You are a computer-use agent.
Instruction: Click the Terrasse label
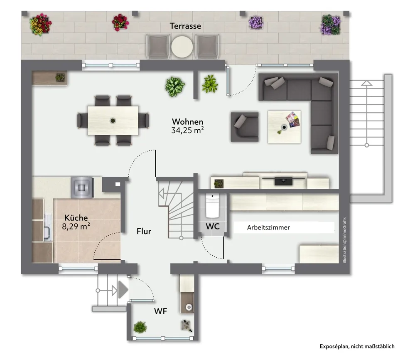[x=185, y=26]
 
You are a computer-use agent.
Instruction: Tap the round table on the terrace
[x=182, y=47]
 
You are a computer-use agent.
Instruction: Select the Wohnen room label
[x=187, y=121]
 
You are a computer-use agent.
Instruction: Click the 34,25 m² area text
[x=187, y=130]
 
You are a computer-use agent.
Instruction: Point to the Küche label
[x=76, y=217]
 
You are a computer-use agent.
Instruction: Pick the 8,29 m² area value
[x=76, y=226]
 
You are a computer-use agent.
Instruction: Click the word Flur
[x=144, y=231]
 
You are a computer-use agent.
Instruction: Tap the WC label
[x=213, y=226]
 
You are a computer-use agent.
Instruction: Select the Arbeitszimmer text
[x=268, y=227]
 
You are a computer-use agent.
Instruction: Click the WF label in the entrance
[x=160, y=311]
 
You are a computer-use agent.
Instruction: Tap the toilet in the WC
[x=212, y=205]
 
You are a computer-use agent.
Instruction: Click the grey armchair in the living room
[x=245, y=127]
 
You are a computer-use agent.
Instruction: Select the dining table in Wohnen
[x=113, y=121]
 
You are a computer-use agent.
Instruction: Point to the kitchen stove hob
[x=82, y=187]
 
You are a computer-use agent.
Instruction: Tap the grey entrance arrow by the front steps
[x=123, y=289]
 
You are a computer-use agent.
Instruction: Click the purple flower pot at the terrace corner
[x=330, y=25]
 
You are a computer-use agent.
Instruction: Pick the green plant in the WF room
[x=140, y=327]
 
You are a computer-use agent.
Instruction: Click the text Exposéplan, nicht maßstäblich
[x=357, y=346]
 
